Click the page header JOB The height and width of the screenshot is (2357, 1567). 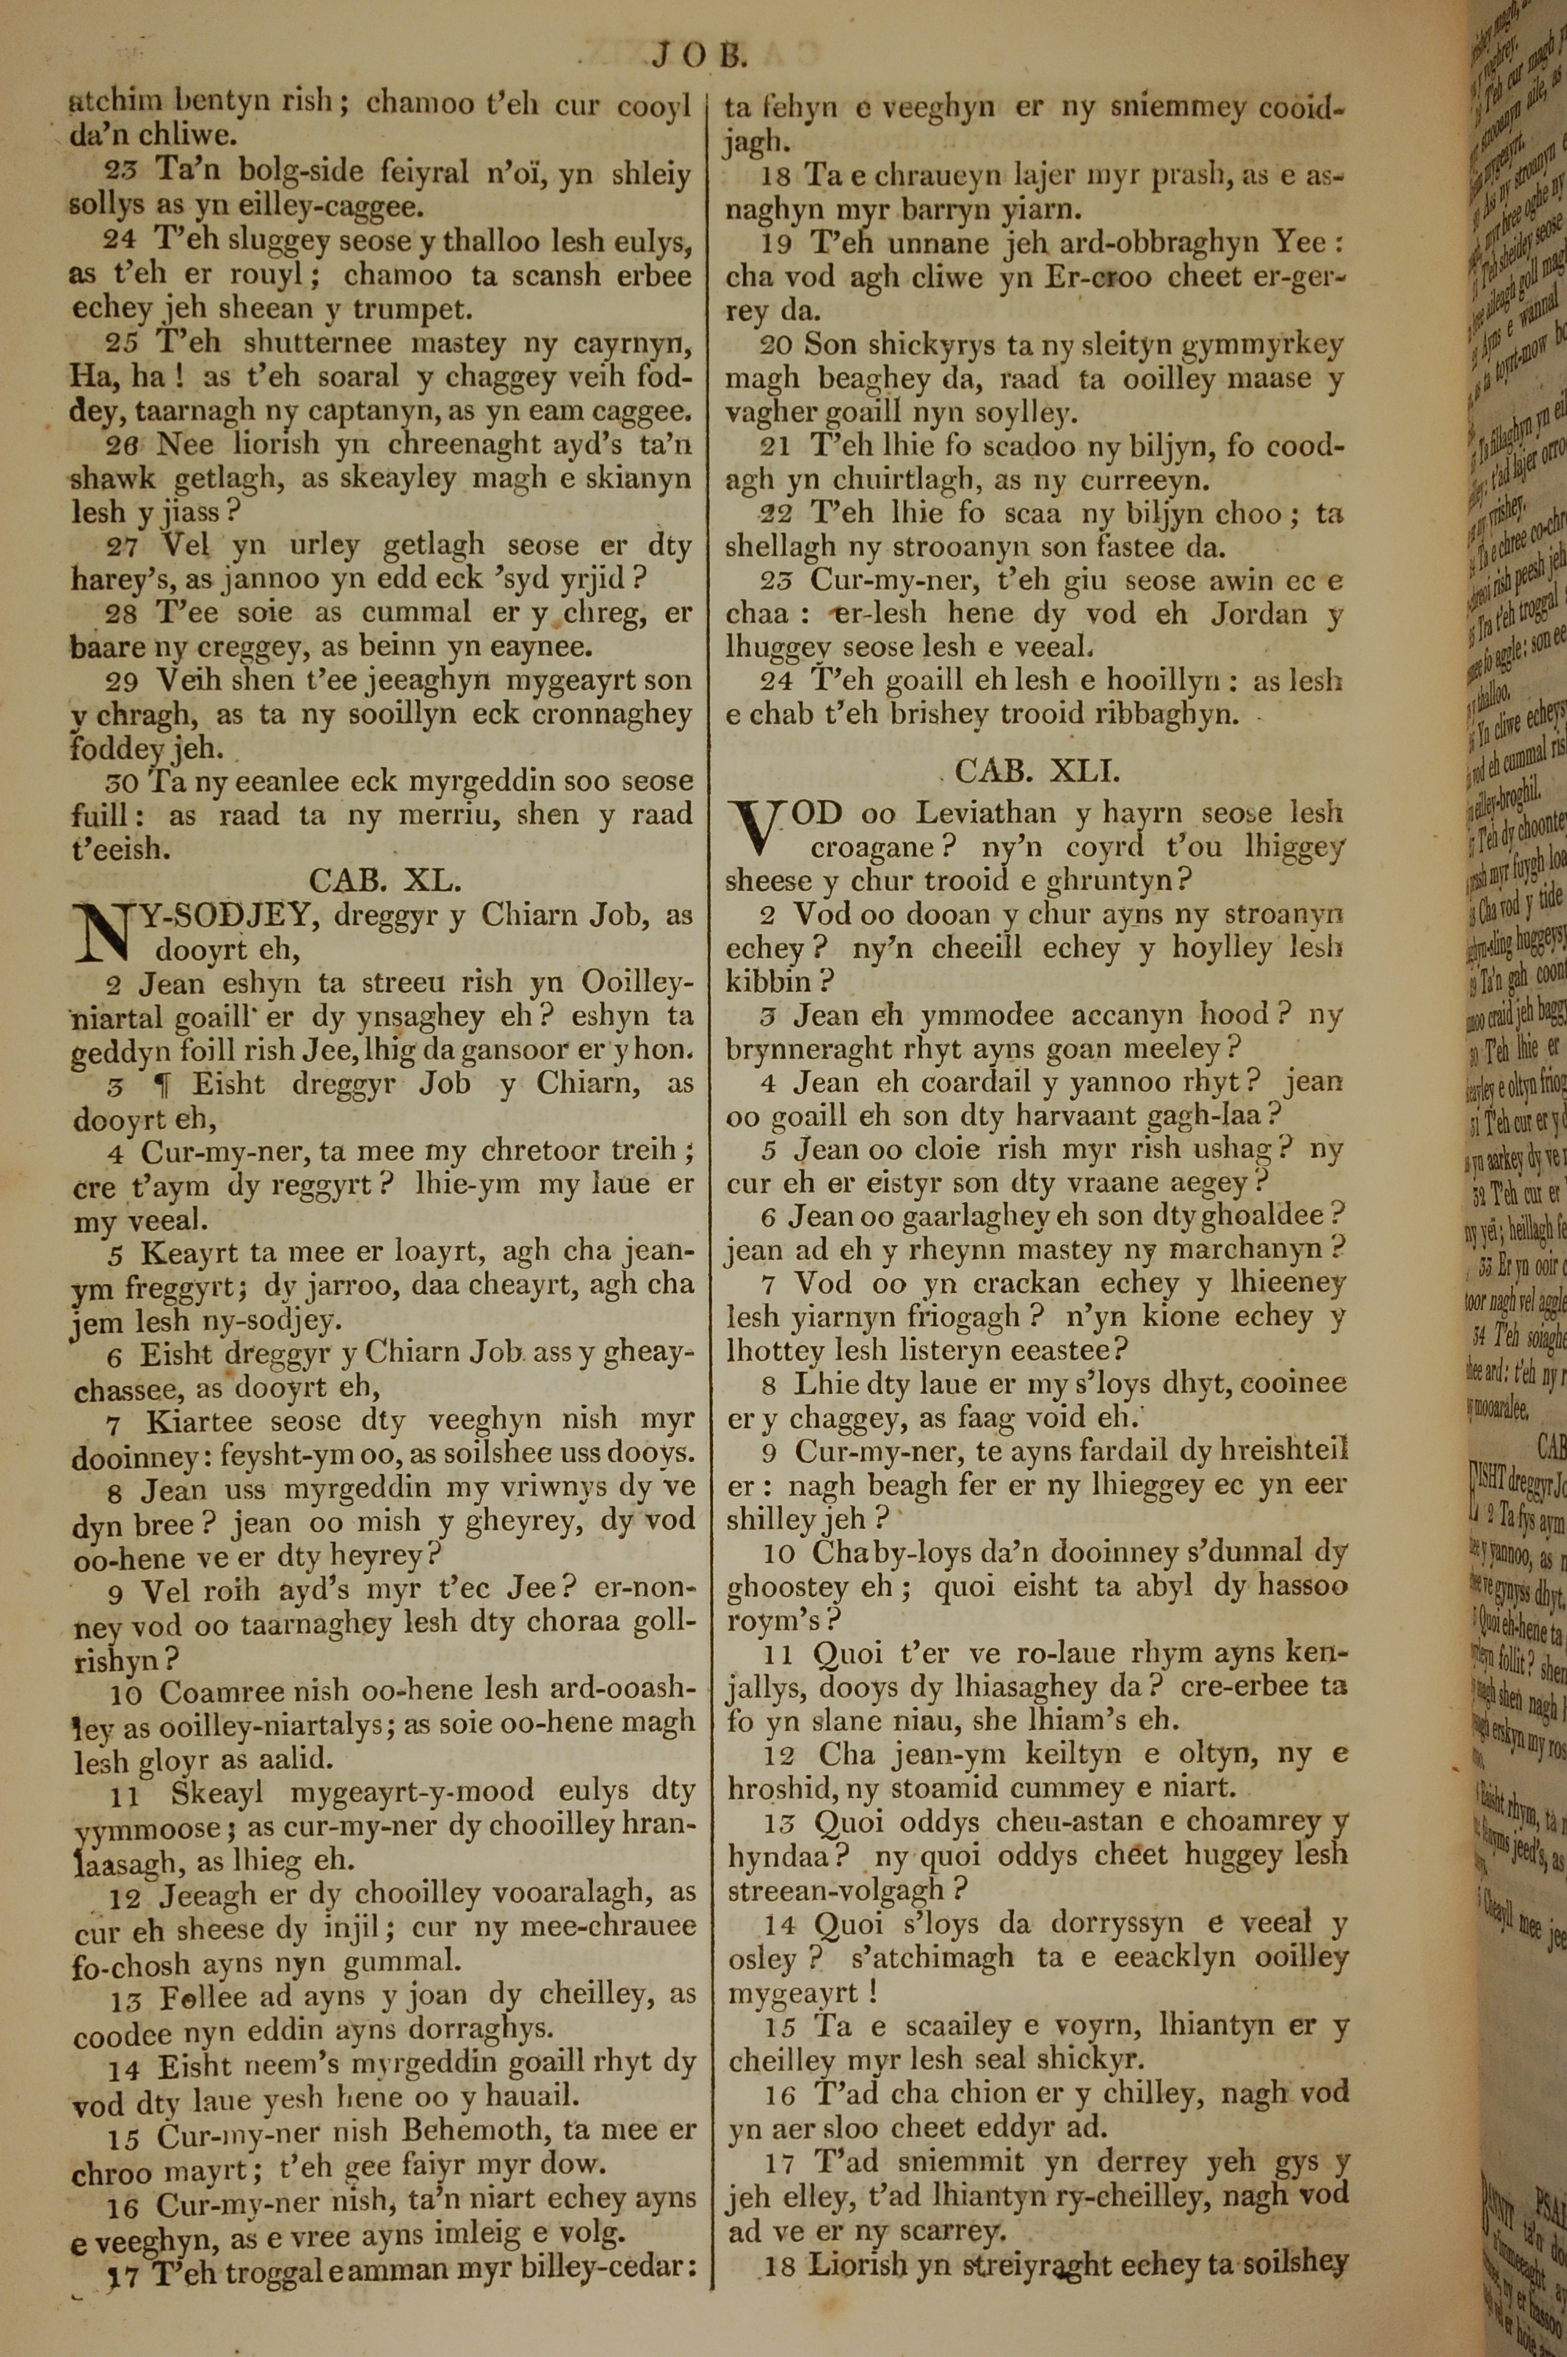click(x=700, y=55)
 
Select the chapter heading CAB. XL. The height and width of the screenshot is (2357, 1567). click(x=385, y=880)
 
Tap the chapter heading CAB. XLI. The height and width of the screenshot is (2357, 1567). click(x=1037, y=770)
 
